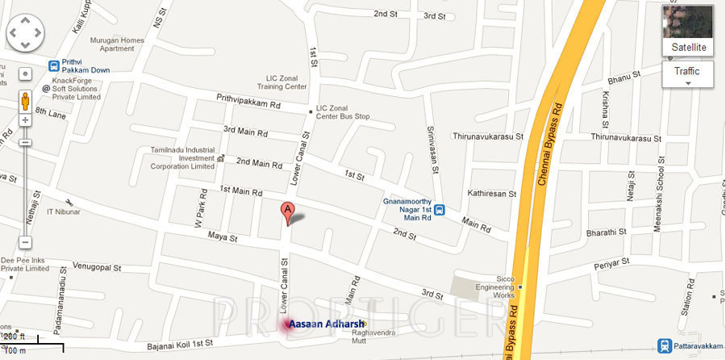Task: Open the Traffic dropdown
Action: (x=688, y=74)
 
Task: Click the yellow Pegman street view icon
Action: (x=25, y=101)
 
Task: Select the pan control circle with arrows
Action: (x=25, y=32)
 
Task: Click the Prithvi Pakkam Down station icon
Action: (x=54, y=65)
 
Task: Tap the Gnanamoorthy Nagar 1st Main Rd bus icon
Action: (x=439, y=211)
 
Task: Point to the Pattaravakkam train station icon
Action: (x=663, y=344)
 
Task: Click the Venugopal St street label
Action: (x=96, y=266)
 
